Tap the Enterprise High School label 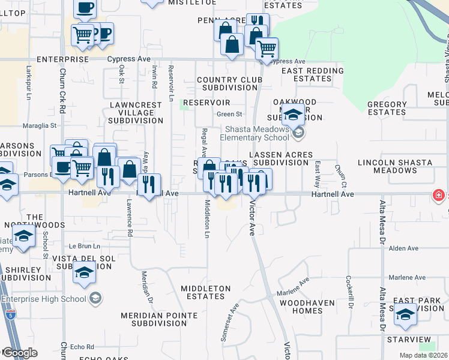(x=44, y=299)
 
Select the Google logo (x=20, y=353)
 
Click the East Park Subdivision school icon (x=405, y=316)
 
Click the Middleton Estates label (x=206, y=293)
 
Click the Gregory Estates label (x=387, y=108)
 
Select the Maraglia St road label (x=40, y=126)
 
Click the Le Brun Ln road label (x=84, y=246)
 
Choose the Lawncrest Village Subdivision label (x=136, y=112)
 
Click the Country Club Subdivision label (x=229, y=83)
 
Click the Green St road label (x=229, y=114)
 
